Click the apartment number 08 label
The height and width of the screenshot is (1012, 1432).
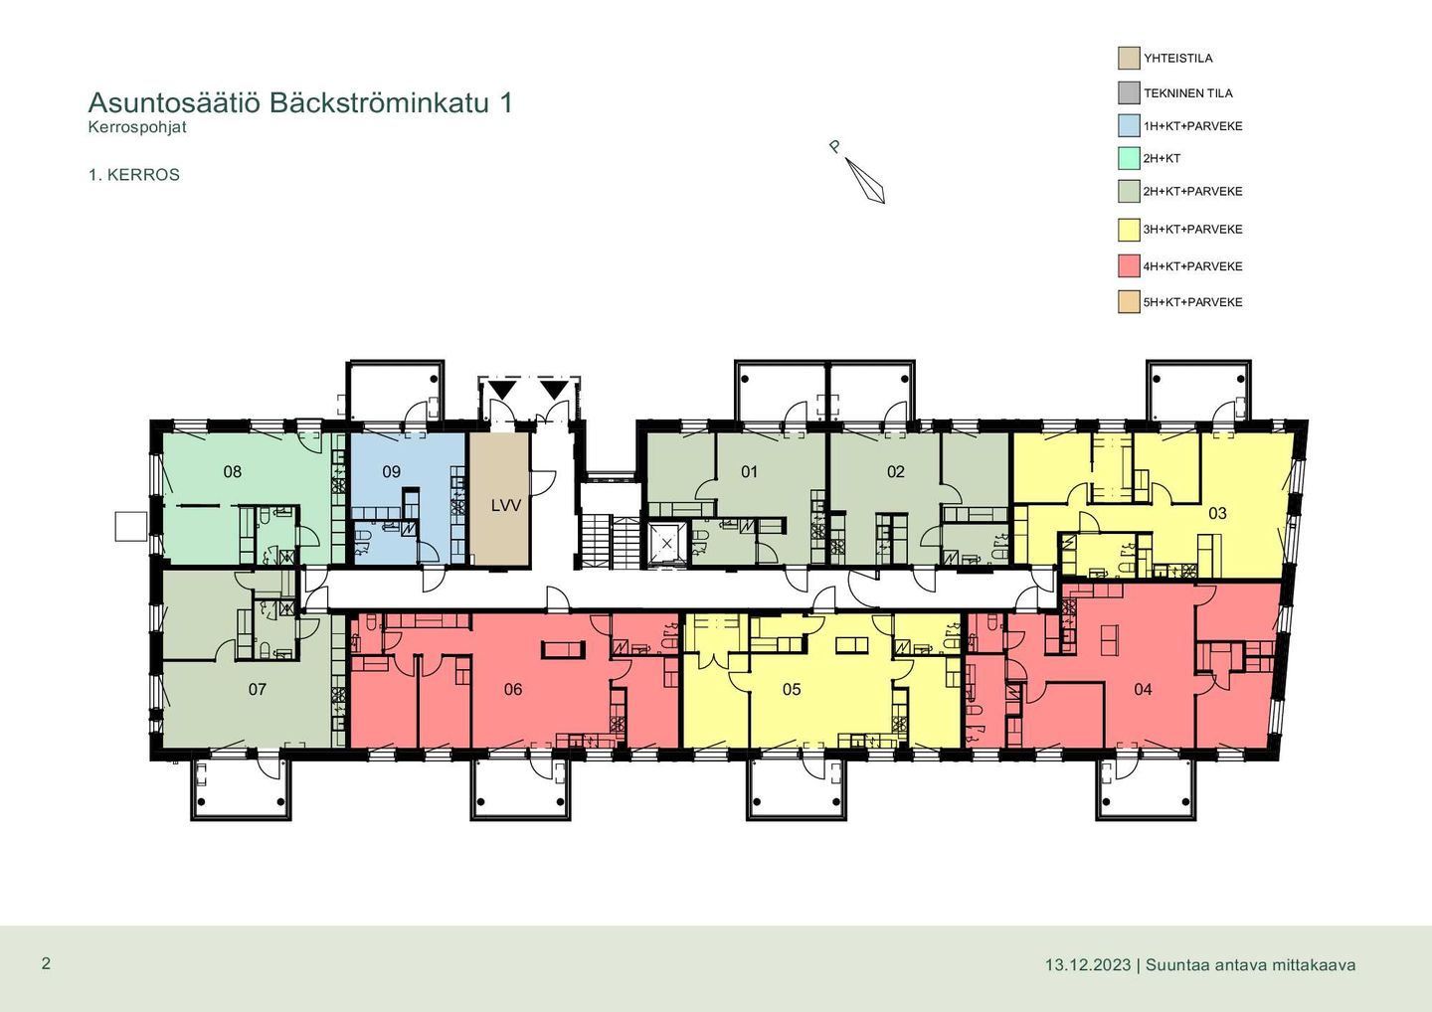tap(232, 472)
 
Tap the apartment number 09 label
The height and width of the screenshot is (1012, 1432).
tap(391, 472)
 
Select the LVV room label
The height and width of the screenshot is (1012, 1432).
tap(505, 506)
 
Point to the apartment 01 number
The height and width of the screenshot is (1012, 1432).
tap(749, 472)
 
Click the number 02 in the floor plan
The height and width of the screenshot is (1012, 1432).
tap(896, 472)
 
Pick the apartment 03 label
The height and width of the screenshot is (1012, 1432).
tap(1217, 513)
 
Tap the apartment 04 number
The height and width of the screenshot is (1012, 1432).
tap(1143, 689)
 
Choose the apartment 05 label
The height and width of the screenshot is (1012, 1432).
tap(792, 689)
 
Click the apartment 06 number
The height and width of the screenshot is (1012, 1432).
tap(513, 689)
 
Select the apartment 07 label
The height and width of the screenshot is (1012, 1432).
tap(257, 689)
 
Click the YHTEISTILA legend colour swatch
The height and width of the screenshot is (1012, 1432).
tap(1129, 58)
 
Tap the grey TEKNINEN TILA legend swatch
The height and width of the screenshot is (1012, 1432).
tap(1129, 92)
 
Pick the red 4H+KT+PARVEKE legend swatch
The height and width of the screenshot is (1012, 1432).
tap(1129, 265)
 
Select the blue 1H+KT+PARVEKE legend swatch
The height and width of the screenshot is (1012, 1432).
tap(1129, 126)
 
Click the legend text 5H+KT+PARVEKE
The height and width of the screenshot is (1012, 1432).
tap(1193, 303)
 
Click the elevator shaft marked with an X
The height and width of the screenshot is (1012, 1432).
tap(666, 544)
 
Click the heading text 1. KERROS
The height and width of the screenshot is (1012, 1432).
tap(134, 175)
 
